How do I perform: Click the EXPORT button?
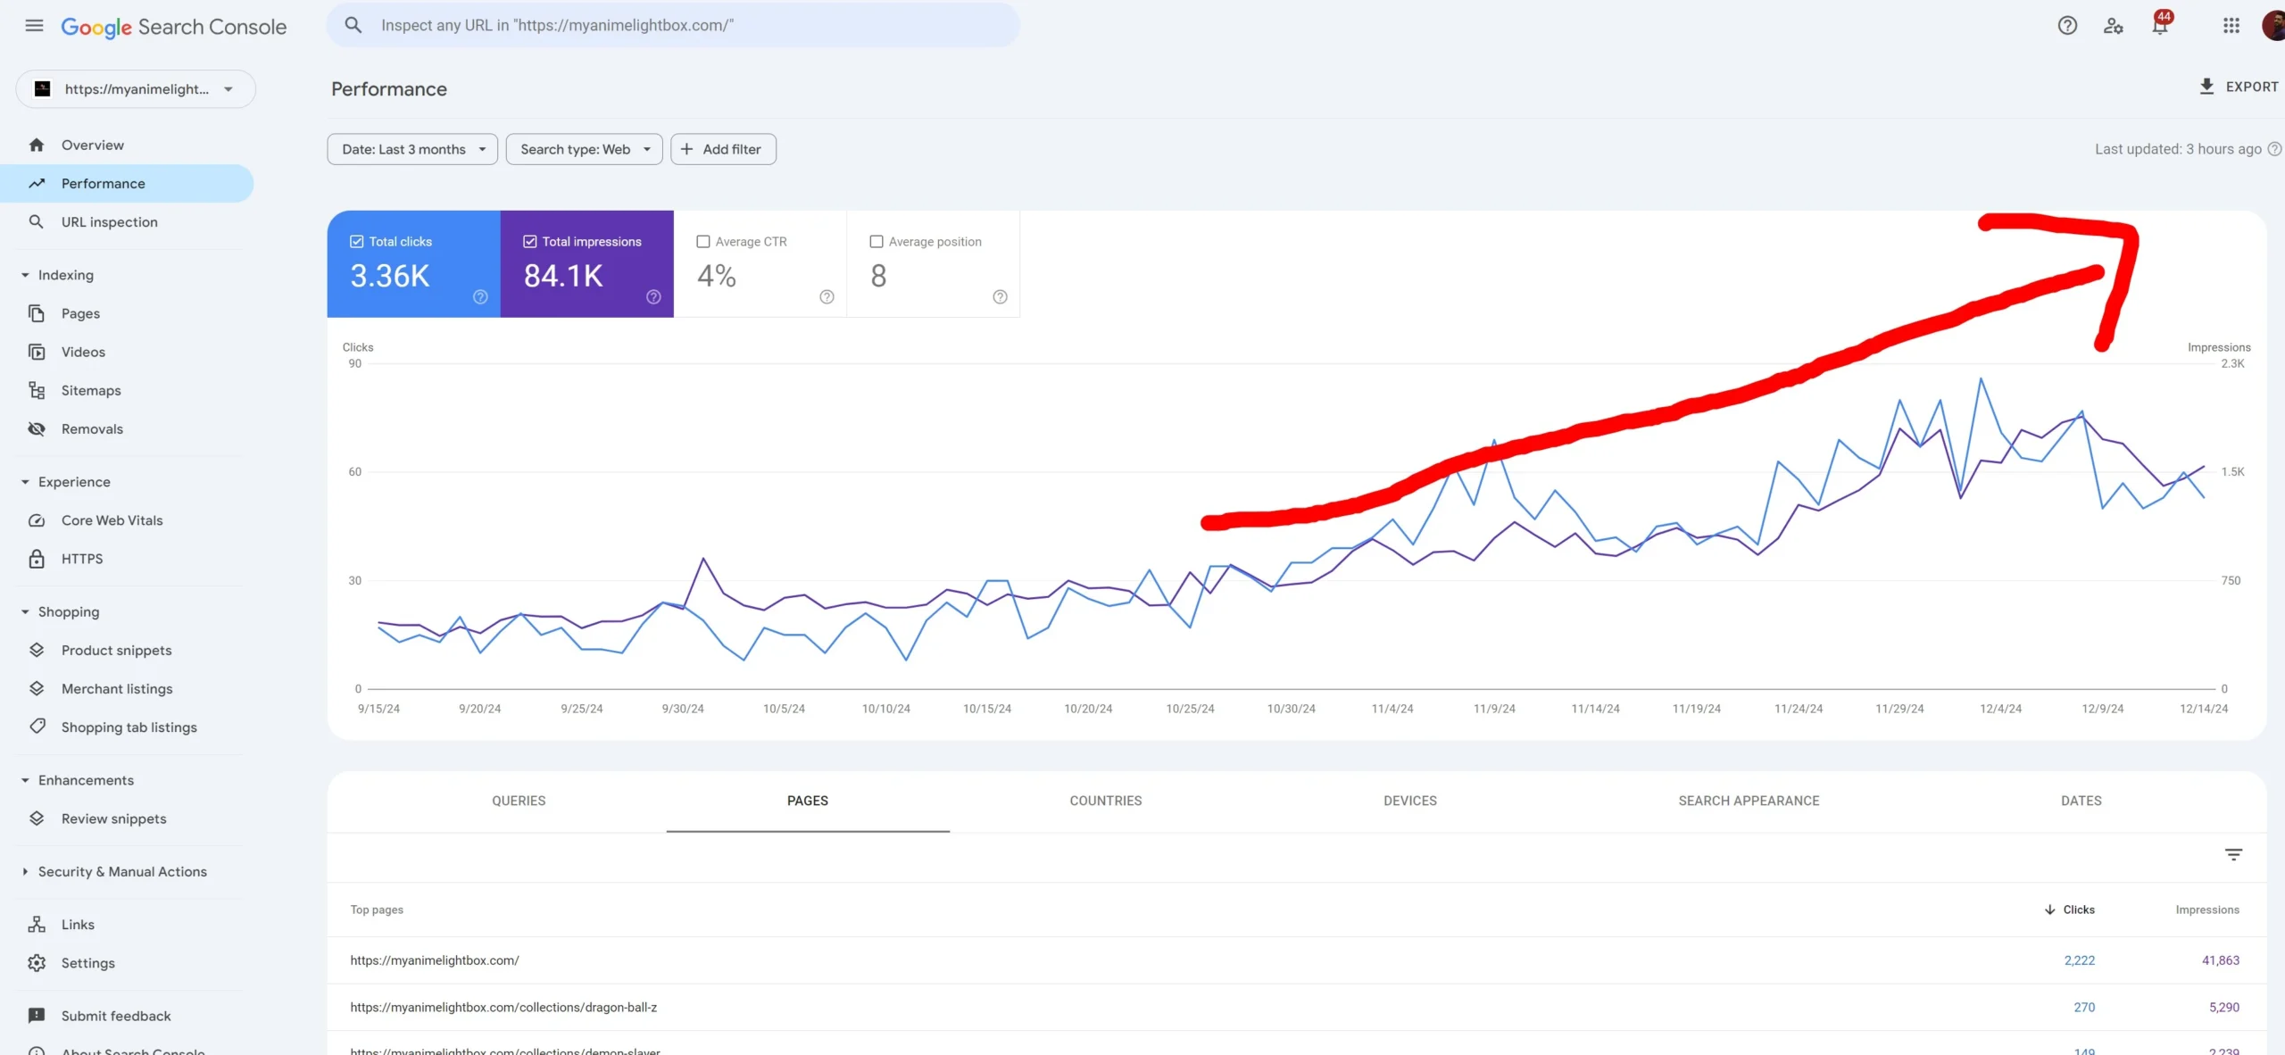[2239, 87]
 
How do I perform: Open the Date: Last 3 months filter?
[412, 149]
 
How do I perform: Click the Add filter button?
[723, 149]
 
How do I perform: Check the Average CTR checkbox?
[703, 242]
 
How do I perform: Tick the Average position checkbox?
[877, 242]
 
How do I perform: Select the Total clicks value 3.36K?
[390, 276]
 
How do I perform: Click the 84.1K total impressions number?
[563, 276]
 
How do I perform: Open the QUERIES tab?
[519, 801]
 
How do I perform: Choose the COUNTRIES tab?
[1106, 801]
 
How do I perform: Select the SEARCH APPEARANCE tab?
[1749, 801]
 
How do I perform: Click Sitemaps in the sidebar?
[91, 390]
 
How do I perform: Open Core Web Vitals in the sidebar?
[112, 520]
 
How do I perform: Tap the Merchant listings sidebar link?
[117, 689]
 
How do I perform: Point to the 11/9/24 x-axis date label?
[1494, 709]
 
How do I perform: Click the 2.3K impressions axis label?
[2232, 363]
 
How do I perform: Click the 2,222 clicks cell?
[2079, 960]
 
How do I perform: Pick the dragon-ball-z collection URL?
[503, 1007]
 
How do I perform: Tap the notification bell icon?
[2159, 26]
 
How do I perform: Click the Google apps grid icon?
[2231, 26]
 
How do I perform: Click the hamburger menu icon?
[34, 26]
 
